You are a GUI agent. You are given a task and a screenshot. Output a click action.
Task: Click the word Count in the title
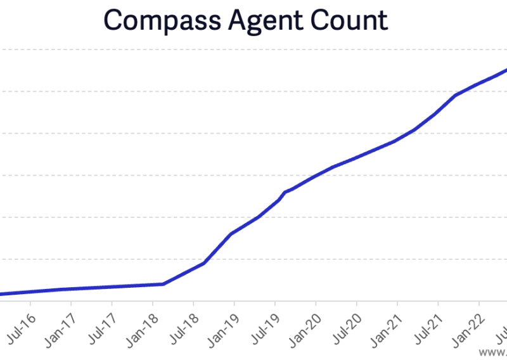click(348, 20)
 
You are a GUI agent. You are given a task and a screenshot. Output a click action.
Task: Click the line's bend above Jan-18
click(164, 284)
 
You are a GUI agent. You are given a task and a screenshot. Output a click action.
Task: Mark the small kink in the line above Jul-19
click(284, 192)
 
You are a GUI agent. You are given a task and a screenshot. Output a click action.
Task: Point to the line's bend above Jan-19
click(231, 234)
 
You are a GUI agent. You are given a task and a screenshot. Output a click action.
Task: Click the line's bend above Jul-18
click(203, 263)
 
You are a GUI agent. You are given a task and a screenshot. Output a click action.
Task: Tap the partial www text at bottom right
click(493, 351)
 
